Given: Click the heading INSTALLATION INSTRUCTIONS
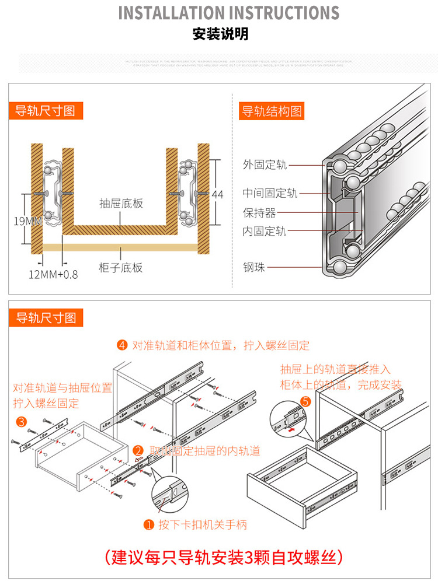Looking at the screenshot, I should pyautogui.click(x=228, y=13).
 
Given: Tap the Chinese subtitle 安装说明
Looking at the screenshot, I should pyautogui.click(x=220, y=34).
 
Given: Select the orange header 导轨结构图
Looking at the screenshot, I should pyautogui.click(x=272, y=111).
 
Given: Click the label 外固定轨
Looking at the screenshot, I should pyautogui.click(x=265, y=165).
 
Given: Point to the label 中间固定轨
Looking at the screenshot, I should pyautogui.click(x=270, y=193).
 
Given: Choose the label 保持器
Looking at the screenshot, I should pyautogui.click(x=259, y=212).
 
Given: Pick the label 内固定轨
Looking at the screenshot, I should pyautogui.click(x=265, y=232).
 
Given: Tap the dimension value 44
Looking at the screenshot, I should pyautogui.click(x=217, y=195).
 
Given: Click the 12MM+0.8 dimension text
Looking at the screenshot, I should pyautogui.click(x=53, y=274).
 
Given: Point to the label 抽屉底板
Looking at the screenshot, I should pyautogui.click(x=121, y=204).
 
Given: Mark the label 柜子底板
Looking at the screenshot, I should pyautogui.click(x=121, y=268).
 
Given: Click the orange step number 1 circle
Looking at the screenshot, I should pyautogui.click(x=148, y=525).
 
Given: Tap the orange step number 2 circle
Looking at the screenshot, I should pyautogui.click(x=138, y=450).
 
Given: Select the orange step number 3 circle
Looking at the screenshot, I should pyautogui.click(x=21, y=421).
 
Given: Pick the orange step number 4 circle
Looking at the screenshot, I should pyautogui.click(x=122, y=345).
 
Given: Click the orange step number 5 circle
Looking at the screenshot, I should pyautogui.click(x=305, y=401).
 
